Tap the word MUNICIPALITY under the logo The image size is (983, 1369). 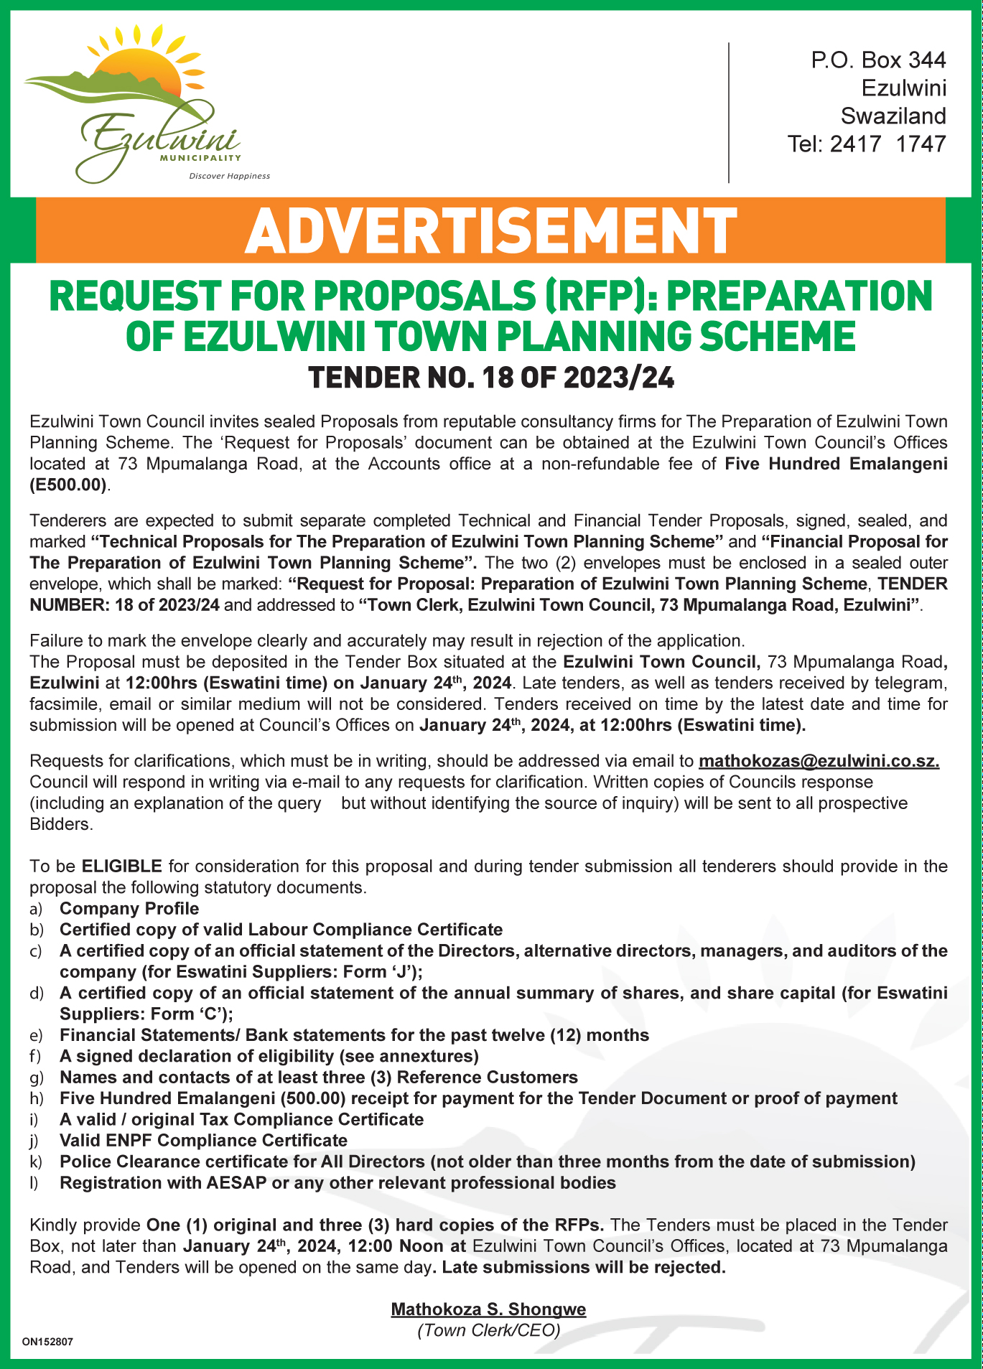coord(200,157)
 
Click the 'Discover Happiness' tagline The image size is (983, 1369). coord(229,176)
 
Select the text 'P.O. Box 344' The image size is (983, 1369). coord(878,60)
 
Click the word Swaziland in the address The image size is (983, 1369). coord(893,116)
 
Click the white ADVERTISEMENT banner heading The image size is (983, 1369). coord(490,230)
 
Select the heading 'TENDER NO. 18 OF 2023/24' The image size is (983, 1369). coord(491,378)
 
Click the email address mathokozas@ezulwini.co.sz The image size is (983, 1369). coord(819,761)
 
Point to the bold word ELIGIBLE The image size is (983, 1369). coord(121,866)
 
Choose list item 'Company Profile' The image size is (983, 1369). coord(129,909)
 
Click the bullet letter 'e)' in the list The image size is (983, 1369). coord(37,1035)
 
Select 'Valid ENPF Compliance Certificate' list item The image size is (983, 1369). coord(203,1141)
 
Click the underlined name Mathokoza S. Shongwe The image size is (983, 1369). coord(488,1309)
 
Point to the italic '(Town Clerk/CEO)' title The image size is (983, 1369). coord(488,1330)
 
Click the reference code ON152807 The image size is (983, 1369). coord(47,1341)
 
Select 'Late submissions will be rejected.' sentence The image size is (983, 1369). coord(583,1267)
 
